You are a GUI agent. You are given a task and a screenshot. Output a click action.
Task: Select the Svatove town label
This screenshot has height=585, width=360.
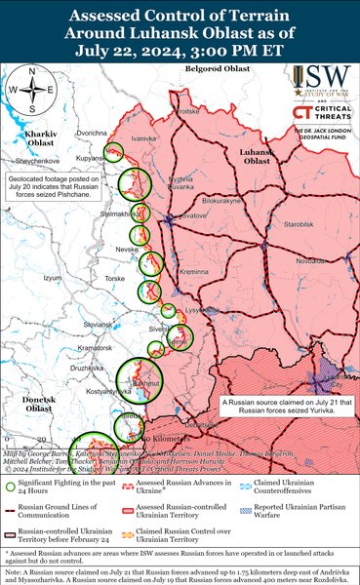click(195, 214)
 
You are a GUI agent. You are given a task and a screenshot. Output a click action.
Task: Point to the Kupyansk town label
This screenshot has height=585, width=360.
click(90, 157)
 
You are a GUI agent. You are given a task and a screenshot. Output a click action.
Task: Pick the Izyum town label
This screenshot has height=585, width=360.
click(53, 277)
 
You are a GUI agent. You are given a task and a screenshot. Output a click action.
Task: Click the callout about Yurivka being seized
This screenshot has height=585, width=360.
click(278, 407)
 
